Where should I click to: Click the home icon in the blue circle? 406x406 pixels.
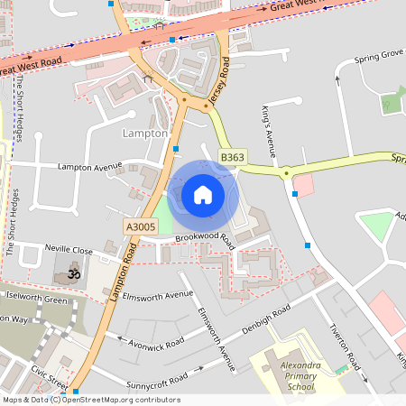pyautogui.click(x=203, y=195)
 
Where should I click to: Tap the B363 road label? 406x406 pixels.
pyautogui.click(x=233, y=157)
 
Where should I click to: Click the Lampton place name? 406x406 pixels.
pyautogui.click(x=144, y=133)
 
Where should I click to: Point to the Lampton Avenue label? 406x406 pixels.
pyautogui.click(x=89, y=167)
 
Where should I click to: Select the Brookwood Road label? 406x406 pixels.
pyautogui.click(x=205, y=241)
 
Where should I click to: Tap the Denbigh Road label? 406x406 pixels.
pyautogui.click(x=266, y=319)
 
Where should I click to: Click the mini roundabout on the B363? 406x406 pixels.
pyautogui.click(x=286, y=173)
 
